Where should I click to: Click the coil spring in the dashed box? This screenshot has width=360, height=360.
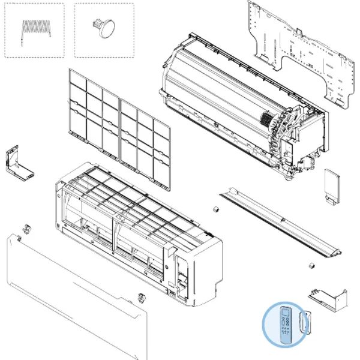[x=35, y=28]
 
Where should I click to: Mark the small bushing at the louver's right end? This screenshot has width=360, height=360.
[x=311, y=265]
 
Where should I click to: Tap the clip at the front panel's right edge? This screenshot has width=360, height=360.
[x=141, y=297]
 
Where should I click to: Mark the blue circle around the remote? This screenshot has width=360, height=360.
[x=266, y=336]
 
